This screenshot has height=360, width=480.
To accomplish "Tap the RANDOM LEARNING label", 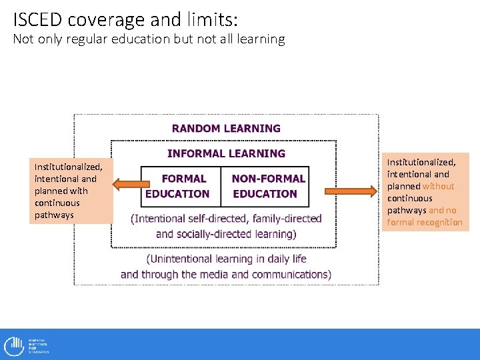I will coord(226,128).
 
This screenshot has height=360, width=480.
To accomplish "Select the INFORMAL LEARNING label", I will coord(226,153).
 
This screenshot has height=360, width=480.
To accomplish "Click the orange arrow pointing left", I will coord(127,185).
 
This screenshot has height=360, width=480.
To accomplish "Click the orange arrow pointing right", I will coord(351,191).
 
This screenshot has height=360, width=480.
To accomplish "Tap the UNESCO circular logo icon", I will coord(13,345).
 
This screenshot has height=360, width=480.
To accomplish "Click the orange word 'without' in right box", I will coord(438,186).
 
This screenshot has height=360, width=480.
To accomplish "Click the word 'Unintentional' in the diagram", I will coord(184,259).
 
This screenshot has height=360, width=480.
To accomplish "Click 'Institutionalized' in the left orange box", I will coord(68,167).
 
